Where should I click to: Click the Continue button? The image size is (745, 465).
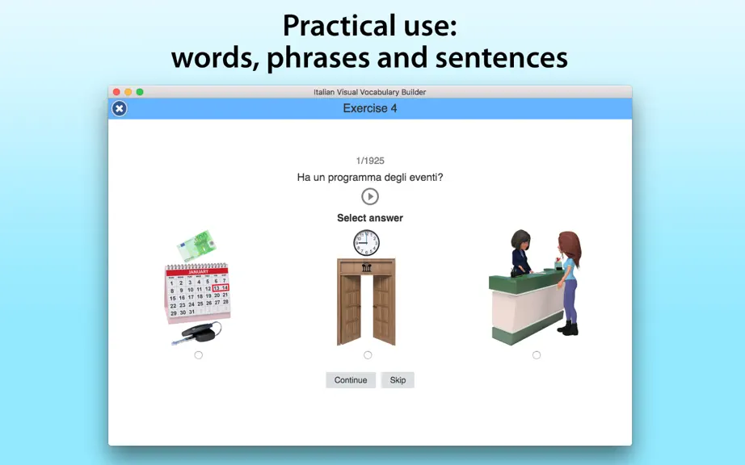click(351, 380)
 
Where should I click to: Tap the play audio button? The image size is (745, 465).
click(370, 196)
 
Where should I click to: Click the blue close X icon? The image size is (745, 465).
click(120, 109)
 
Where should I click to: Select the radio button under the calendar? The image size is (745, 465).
click(199, 355)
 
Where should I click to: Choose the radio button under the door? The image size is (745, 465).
click(368, 355)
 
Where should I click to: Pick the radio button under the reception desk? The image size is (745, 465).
click(537, 355)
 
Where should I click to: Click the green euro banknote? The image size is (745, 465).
click(196, 245)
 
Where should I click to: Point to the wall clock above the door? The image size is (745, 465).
click(366, 243)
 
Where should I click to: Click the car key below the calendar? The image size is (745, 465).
click(197, 333)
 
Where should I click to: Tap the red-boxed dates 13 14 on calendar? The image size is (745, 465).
click(221, 287)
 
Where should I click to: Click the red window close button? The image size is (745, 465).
click(116, 92)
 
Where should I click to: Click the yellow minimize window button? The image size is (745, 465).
click(128, 92)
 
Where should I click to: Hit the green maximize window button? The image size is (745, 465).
click(140, 92)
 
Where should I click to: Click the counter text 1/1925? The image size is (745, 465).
click(370, 161)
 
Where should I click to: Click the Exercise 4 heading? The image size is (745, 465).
click(370, 109)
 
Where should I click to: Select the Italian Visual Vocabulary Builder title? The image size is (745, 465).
click(369, 92)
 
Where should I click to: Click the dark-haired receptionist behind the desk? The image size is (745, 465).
click(520, 253)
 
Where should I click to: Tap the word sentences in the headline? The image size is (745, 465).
click(501, 58)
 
